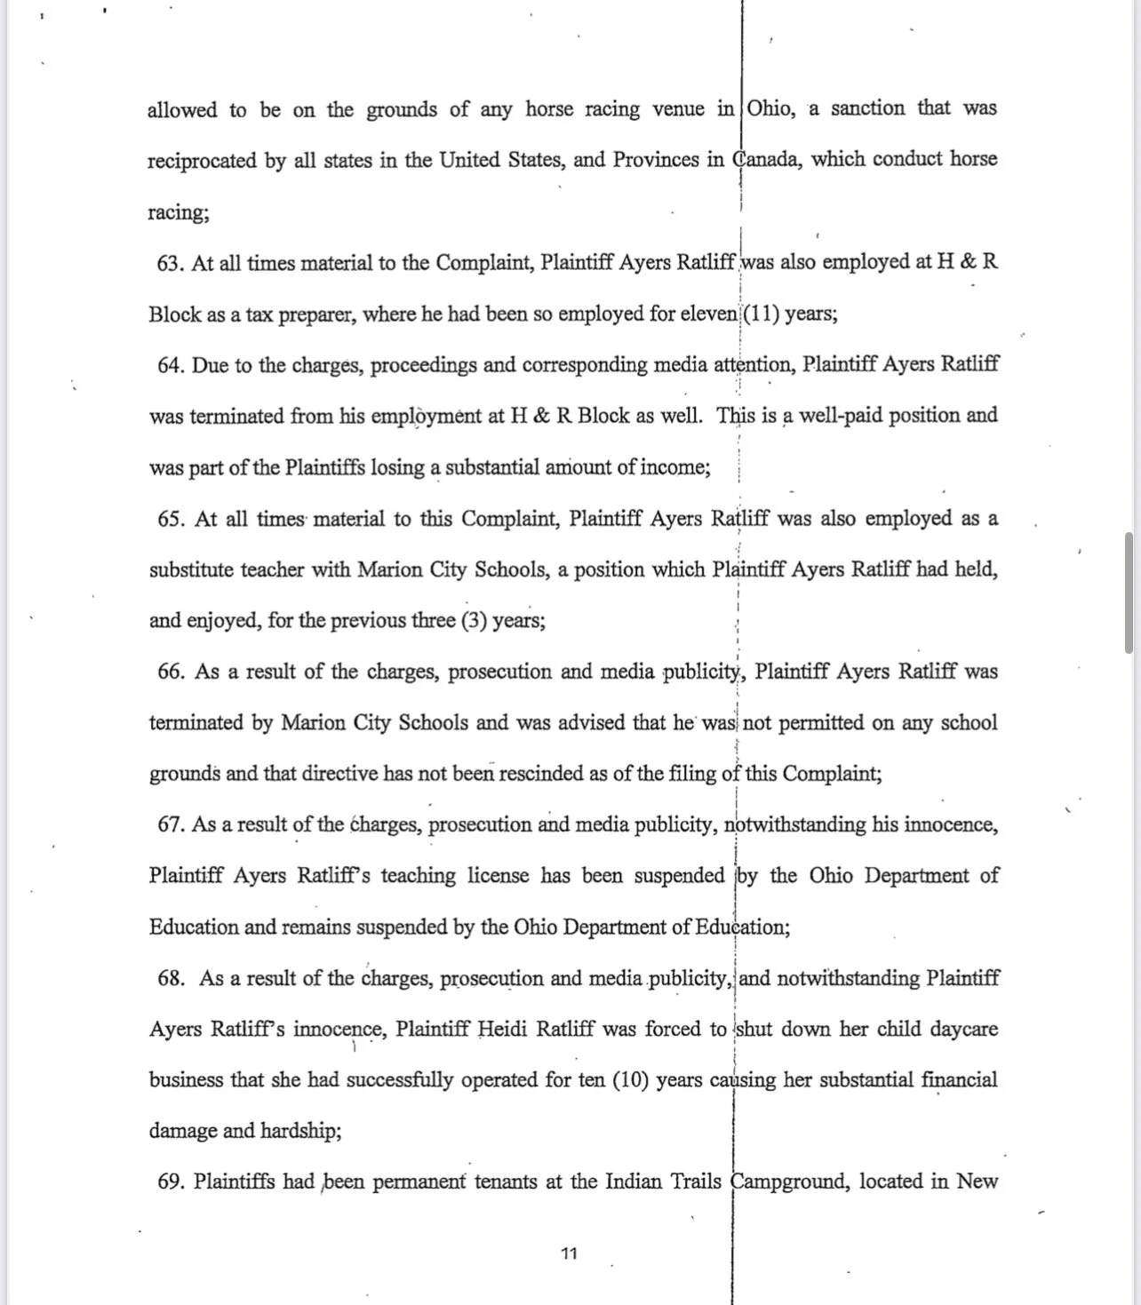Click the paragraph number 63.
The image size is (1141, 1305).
click(170, 264)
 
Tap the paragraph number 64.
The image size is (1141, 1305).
click(170, 366)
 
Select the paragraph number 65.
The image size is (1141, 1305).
click(171, 520)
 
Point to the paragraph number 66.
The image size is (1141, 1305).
click(171, 672)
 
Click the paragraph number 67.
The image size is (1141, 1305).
click(171, 825)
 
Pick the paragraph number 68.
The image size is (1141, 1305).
click(171, 979)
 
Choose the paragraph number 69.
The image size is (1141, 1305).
click(171, 1182)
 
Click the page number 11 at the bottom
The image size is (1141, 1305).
click(570, 1253)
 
